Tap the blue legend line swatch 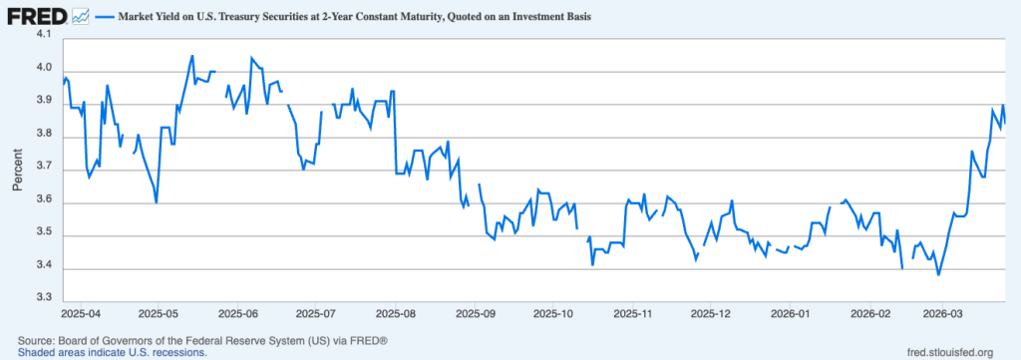click(x=105, y=18)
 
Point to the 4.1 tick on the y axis click(x=43, y=34)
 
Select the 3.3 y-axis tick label click(x=43, y=298)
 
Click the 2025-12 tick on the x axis click(x=711, y=313)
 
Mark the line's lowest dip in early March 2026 click(x=938, y=274)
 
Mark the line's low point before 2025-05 click(x=157, y=202)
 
